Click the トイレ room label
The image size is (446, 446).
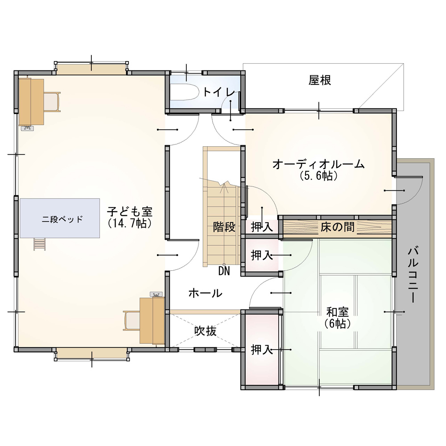pos(219,92)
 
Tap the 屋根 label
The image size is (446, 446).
pos(320,80)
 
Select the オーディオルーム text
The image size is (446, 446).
pos(318,164)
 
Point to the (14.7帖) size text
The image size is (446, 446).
pos(130,223)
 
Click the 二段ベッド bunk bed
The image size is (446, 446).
pos(60,218)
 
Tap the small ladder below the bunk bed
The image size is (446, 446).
pos(40,244)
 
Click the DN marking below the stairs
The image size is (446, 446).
pos(224,271)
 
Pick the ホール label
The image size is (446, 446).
pos(205,293)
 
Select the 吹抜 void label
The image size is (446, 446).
pos(205,330)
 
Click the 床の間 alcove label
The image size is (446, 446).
pos(337,227)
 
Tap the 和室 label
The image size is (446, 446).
pos(337,312)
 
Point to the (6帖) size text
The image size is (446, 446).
pos(337,323)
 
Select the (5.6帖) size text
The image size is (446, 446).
pos(318,175)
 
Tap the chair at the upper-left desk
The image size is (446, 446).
pos(52,102)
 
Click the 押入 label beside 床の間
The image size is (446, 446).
pos(262,227)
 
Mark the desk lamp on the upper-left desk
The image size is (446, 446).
pos(27,128)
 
